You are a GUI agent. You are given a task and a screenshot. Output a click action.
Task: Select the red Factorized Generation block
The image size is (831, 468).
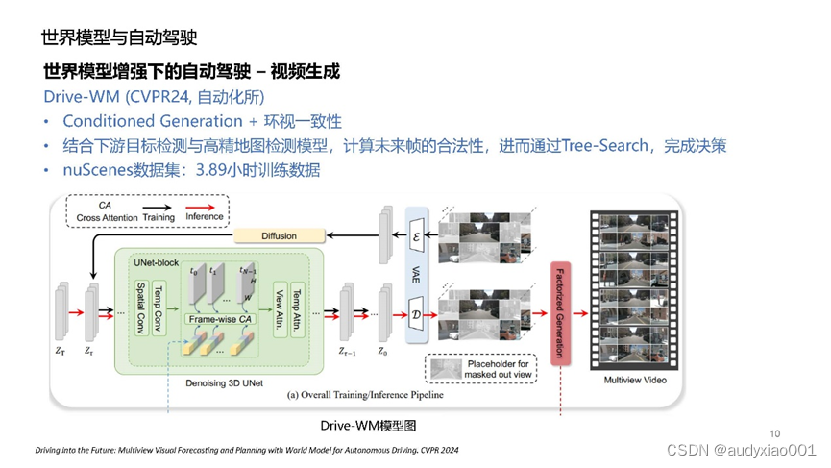pos(559,311)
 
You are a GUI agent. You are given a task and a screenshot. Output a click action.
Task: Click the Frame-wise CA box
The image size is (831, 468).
pos(220,318)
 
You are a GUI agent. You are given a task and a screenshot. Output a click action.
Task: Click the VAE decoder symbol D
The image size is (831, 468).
pos(416,314)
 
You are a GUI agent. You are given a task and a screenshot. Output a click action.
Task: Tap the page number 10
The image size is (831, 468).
pos(776,431)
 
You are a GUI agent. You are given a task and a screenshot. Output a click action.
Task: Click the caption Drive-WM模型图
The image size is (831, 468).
pos(369,425)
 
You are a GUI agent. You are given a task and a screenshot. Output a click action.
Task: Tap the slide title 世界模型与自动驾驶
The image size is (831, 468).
pos(119,38)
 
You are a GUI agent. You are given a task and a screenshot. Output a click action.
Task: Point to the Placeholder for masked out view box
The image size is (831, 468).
pos(481,369)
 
